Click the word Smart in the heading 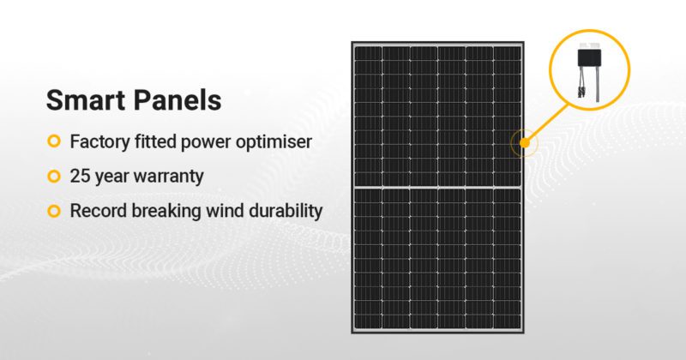tap(83, 99)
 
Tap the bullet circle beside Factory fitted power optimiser tap(54, 141)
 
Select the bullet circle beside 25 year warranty tap(54, 176)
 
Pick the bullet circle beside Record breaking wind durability tap(54, 211)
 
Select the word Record tap(96, 211)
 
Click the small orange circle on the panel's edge tap(523, 143)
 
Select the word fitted tap(159, 141)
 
